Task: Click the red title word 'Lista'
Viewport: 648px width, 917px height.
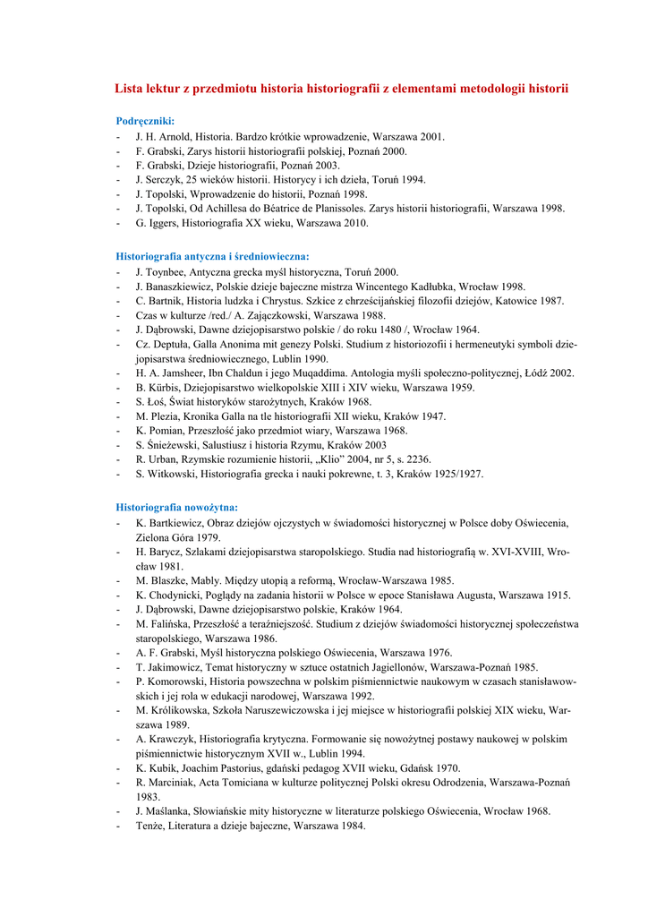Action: point(131,89)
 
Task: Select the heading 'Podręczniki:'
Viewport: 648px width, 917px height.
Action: point(146,121)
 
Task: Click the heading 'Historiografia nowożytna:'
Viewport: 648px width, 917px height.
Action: point(177,507)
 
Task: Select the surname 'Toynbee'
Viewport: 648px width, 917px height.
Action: point(168,271)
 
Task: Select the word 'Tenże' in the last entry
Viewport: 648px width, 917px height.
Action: point(150,826)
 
